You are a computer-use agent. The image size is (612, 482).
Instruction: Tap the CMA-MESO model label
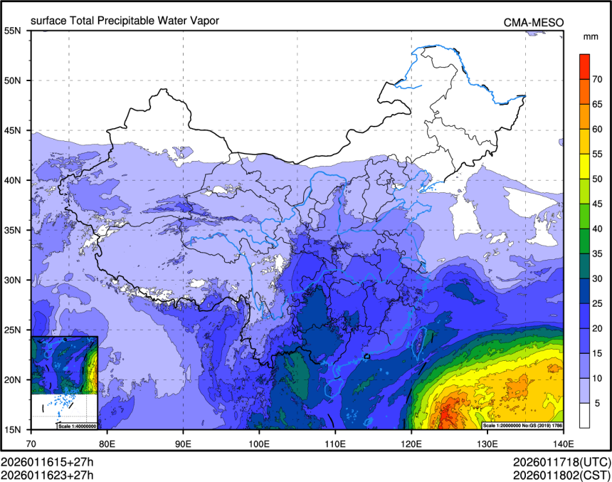click(x=534, y=23)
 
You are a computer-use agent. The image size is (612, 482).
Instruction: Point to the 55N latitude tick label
click(x=13, y=31)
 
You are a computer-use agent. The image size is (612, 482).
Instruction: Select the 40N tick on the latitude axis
click(x=13, y=180)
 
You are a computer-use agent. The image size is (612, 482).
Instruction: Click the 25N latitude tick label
click(x=13, y=330)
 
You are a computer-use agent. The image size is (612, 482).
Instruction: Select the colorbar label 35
click(x=598, y=253)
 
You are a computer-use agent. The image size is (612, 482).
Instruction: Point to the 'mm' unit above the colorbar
click(x=591, y=36)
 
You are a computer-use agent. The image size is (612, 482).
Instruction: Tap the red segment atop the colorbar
click(x=584, y=66)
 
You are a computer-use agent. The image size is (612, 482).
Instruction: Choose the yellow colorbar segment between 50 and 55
click(x=584, y=166)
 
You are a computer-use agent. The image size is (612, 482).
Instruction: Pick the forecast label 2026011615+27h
click(x=48, y=461)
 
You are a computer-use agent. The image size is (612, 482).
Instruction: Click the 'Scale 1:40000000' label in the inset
click(x=77, y=426)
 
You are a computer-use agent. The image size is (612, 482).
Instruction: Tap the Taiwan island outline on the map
click(x=419, y=341)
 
